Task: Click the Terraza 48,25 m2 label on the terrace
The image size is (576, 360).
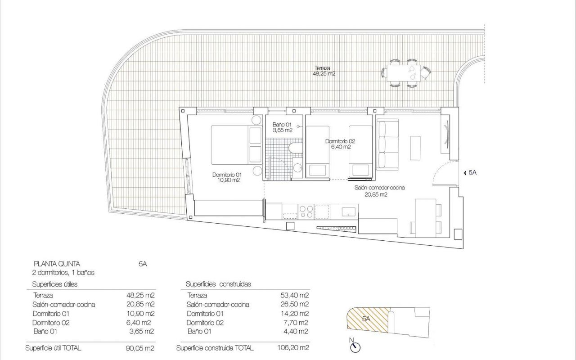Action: point(324,71)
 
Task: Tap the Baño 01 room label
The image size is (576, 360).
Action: point(282,127)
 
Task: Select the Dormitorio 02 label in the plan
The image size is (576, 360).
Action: point(341,144)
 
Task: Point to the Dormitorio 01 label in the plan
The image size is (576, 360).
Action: point(227,177)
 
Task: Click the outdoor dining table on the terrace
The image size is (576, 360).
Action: point(404,73)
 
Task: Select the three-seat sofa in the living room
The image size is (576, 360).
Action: point(387,144)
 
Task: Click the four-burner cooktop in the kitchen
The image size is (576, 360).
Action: point(306,211)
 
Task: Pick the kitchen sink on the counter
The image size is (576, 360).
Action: point(349,212)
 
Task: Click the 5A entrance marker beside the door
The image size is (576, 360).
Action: point(470,173)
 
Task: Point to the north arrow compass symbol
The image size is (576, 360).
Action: point(355,347)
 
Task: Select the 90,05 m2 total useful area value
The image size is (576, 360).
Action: point(140,348)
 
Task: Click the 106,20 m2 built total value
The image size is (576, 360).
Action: point(293,348)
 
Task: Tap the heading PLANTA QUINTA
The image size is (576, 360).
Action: point(57,264)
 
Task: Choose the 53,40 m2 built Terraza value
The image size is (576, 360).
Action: point(294,296)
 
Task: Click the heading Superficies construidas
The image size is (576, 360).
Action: point(218,284)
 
